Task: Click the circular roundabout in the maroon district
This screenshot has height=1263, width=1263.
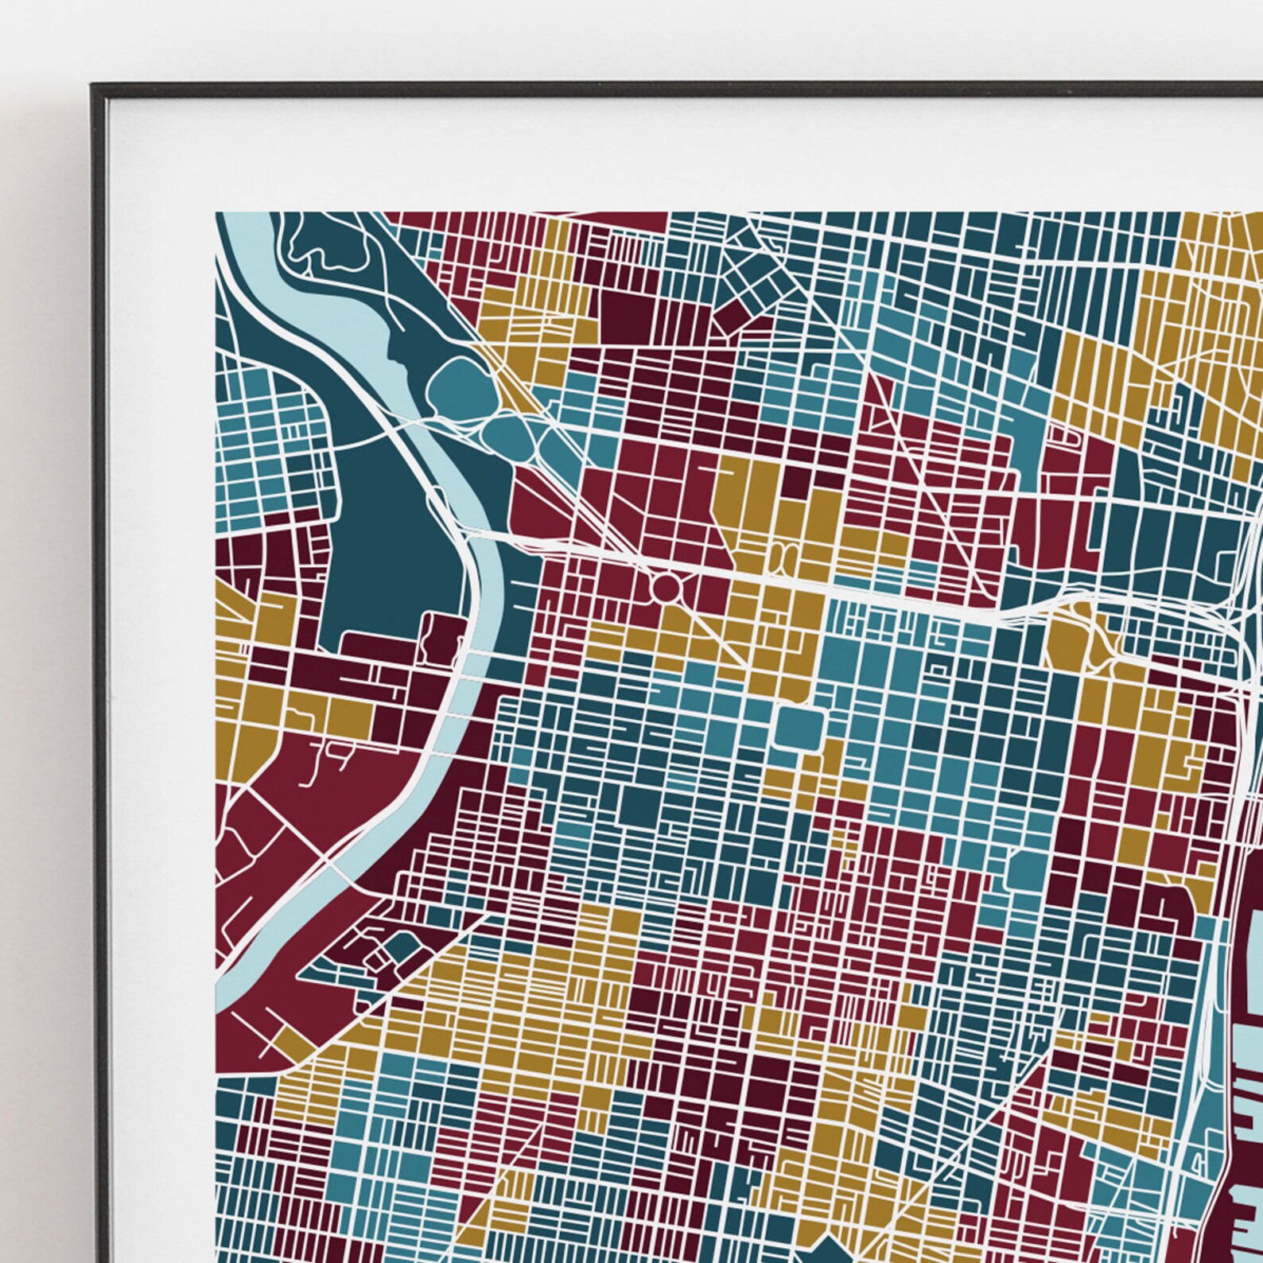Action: click(x=666, y=589)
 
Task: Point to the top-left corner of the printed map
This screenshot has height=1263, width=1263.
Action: click(x=217, y=213)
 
